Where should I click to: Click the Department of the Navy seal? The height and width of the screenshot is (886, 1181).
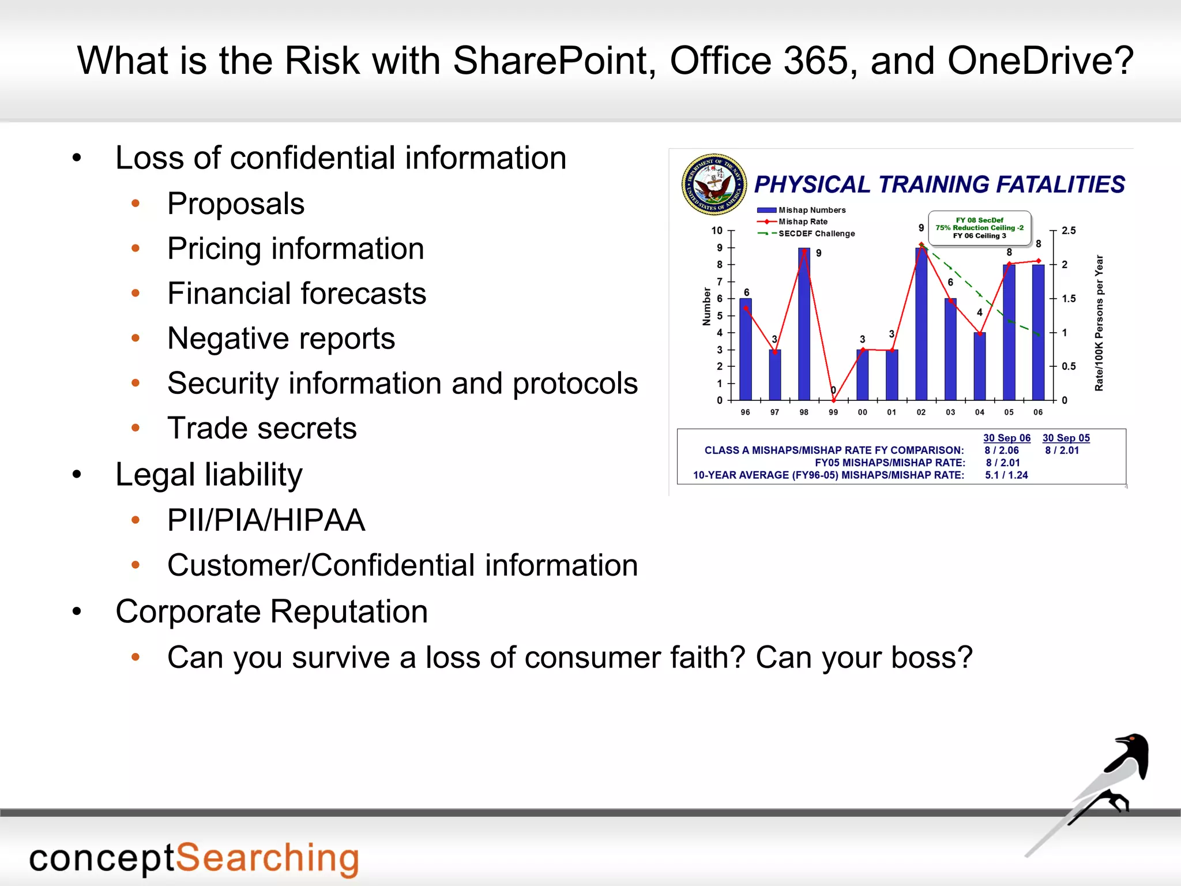coord(714,185)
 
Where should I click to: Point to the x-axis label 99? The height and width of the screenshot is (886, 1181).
coord(833,412)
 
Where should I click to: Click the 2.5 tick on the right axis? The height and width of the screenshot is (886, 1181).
coord(1069,231)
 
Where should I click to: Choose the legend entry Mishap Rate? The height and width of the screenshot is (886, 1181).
coord(803,221)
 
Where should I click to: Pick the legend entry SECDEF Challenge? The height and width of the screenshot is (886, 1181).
coord(816,234)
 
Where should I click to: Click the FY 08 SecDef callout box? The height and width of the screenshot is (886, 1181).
coord(979,228)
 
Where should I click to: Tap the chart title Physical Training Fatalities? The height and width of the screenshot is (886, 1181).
coord(939,185)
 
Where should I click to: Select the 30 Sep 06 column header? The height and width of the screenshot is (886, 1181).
coord(1007,438)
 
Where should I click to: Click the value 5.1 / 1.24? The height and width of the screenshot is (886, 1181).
coord(1006,475)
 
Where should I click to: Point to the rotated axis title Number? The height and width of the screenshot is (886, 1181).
coord(706,307)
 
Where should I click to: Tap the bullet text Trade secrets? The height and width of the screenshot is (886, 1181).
coord(262,429)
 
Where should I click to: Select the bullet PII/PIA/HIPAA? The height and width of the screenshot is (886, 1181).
coord(266,520)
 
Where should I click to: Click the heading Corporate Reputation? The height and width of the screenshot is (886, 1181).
coord(272,611)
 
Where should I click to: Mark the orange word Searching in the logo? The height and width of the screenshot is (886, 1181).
coord(267,858)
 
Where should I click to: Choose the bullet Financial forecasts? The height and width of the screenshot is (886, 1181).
coord(296,294)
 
